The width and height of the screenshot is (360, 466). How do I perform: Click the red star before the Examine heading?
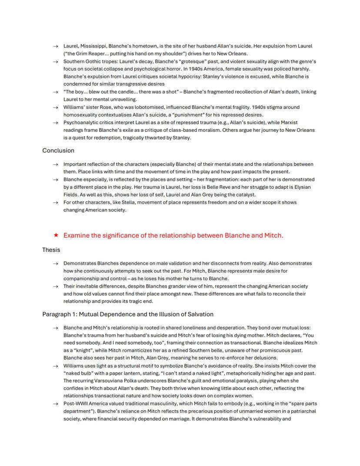point(56,235)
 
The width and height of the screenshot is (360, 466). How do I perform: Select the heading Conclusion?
point(58,151)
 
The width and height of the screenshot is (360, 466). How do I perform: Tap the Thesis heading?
point(51,250)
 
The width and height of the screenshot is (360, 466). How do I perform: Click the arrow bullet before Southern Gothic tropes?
point(55,62)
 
